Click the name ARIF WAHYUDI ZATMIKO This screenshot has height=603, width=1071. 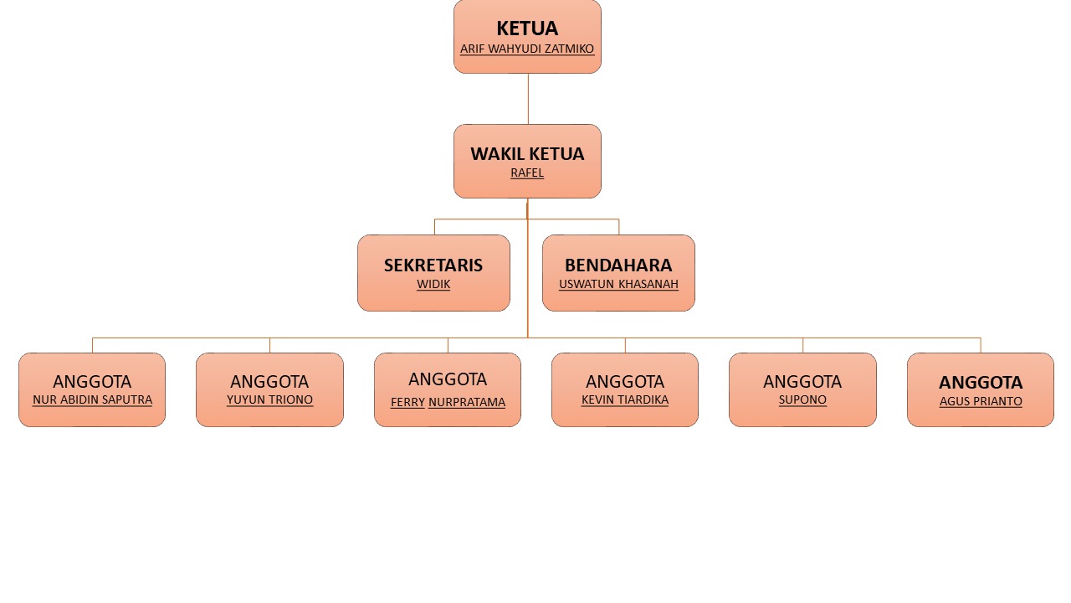click(x=527, y=49)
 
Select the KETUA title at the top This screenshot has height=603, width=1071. click(x=527, y=28)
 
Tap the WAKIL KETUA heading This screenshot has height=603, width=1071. click(x=527, y=154)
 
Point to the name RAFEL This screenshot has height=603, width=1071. click(x=527, y=173)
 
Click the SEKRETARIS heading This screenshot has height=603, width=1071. click(x=433, y=265)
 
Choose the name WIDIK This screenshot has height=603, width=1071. click(x=433, y=285)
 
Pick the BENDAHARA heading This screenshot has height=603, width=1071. click(x=618, y=265)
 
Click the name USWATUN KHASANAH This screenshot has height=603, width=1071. click(x=618, y=285)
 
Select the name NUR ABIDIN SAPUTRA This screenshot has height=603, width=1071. click(x=92, y=400)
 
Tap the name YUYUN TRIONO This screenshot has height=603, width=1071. click(x=269, y=400)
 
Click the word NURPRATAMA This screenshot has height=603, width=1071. click(x=467, y=403)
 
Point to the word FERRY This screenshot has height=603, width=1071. click(x=407, y=403)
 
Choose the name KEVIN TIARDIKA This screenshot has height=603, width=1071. click(x=625, y=400)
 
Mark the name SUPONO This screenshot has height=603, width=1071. click(x=802, y=400)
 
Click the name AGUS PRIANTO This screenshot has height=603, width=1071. click(x=981, y=402)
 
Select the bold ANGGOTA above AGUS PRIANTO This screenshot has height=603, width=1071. click(x=981, y=383)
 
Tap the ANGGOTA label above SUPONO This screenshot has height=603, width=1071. click(x=802, y=382)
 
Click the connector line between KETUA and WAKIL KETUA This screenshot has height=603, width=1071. click(x=528, y=99)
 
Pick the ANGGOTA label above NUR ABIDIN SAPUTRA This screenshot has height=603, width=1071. click(x=92, y=382)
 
